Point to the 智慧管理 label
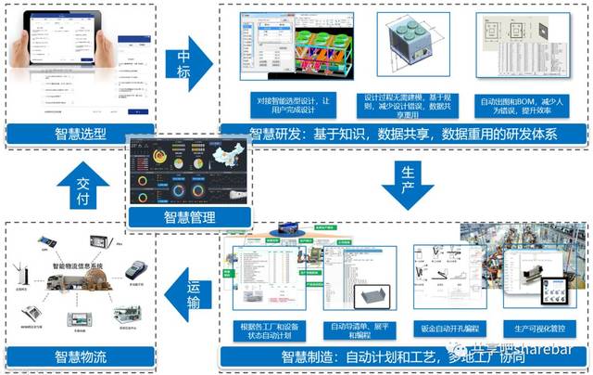[190, 219]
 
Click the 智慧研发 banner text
[404, 136]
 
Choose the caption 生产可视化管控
[536, 328]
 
